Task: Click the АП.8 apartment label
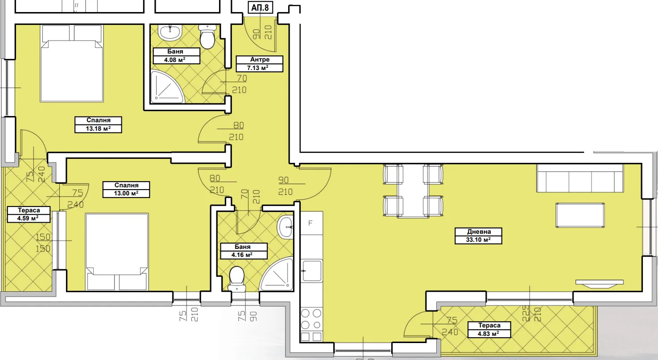[260, 7]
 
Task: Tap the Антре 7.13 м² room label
[260, 64]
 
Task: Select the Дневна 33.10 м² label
[478, 236]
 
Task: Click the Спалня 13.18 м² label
[98, 124]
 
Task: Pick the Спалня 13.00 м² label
[126, 190]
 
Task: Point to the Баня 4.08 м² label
[177, 56]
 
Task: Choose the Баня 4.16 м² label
[244, 251]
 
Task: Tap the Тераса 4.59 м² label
[29, 215]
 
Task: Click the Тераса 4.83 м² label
[489, 330]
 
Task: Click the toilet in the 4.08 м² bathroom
[208, 37]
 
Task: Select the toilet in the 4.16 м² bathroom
[237, 279]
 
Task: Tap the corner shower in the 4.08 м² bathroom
[167, 87]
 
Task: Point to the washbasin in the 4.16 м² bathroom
[285, 227]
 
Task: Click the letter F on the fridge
[310, 223]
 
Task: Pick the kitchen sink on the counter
[312, 270]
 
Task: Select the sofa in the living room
[580, 178]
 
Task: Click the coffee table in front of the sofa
[580, 215]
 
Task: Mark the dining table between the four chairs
[413, 191]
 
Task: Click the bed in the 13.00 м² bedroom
[117, 252]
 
